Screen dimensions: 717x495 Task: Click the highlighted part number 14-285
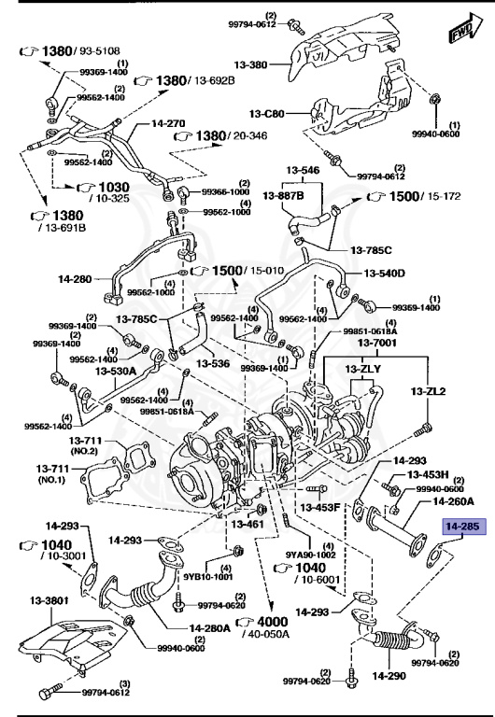click(461, 527)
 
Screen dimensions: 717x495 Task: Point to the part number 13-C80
click(266, 114)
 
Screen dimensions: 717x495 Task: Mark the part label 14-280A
click(210, 627)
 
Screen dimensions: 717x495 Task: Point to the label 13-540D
click(385, 273)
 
